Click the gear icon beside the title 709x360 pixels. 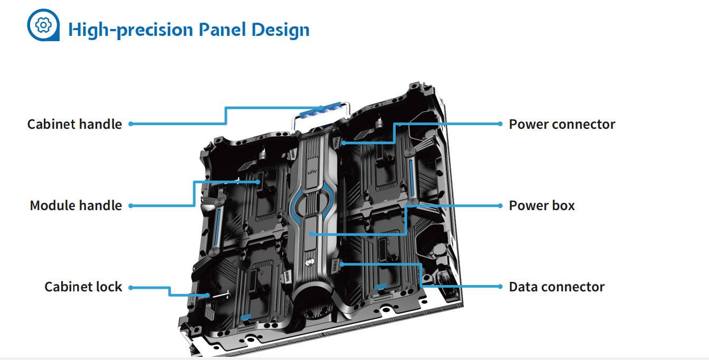pyautogui.click(x=43, y=25)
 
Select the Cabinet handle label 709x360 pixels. pyautogui.click(x=74, y=125)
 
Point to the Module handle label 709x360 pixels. pyautogui.click(x=75, y=206)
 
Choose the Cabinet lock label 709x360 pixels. pyautogui.click(x=83, y=287)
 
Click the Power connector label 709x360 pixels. pyautogui.click(x=562, y=125)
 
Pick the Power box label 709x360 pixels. pyautogui.click(x=542, y=206)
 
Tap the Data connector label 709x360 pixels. pyautogui.click(x=557, y=287)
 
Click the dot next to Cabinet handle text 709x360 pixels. pyautogui.click(x=130, y=124)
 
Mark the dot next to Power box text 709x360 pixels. pyautogui.click(x=500, y=205)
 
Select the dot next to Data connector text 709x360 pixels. pyautogui.click(x=500, y=287)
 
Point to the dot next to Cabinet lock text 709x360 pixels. pyautogui.click(x=130, y=287)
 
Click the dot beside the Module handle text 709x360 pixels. pyautogui.click(x=130, y=205)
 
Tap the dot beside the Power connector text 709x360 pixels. pyautogui.click(x=500, y=124)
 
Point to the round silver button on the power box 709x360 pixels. pyautogui.click(x=311, y=261)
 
